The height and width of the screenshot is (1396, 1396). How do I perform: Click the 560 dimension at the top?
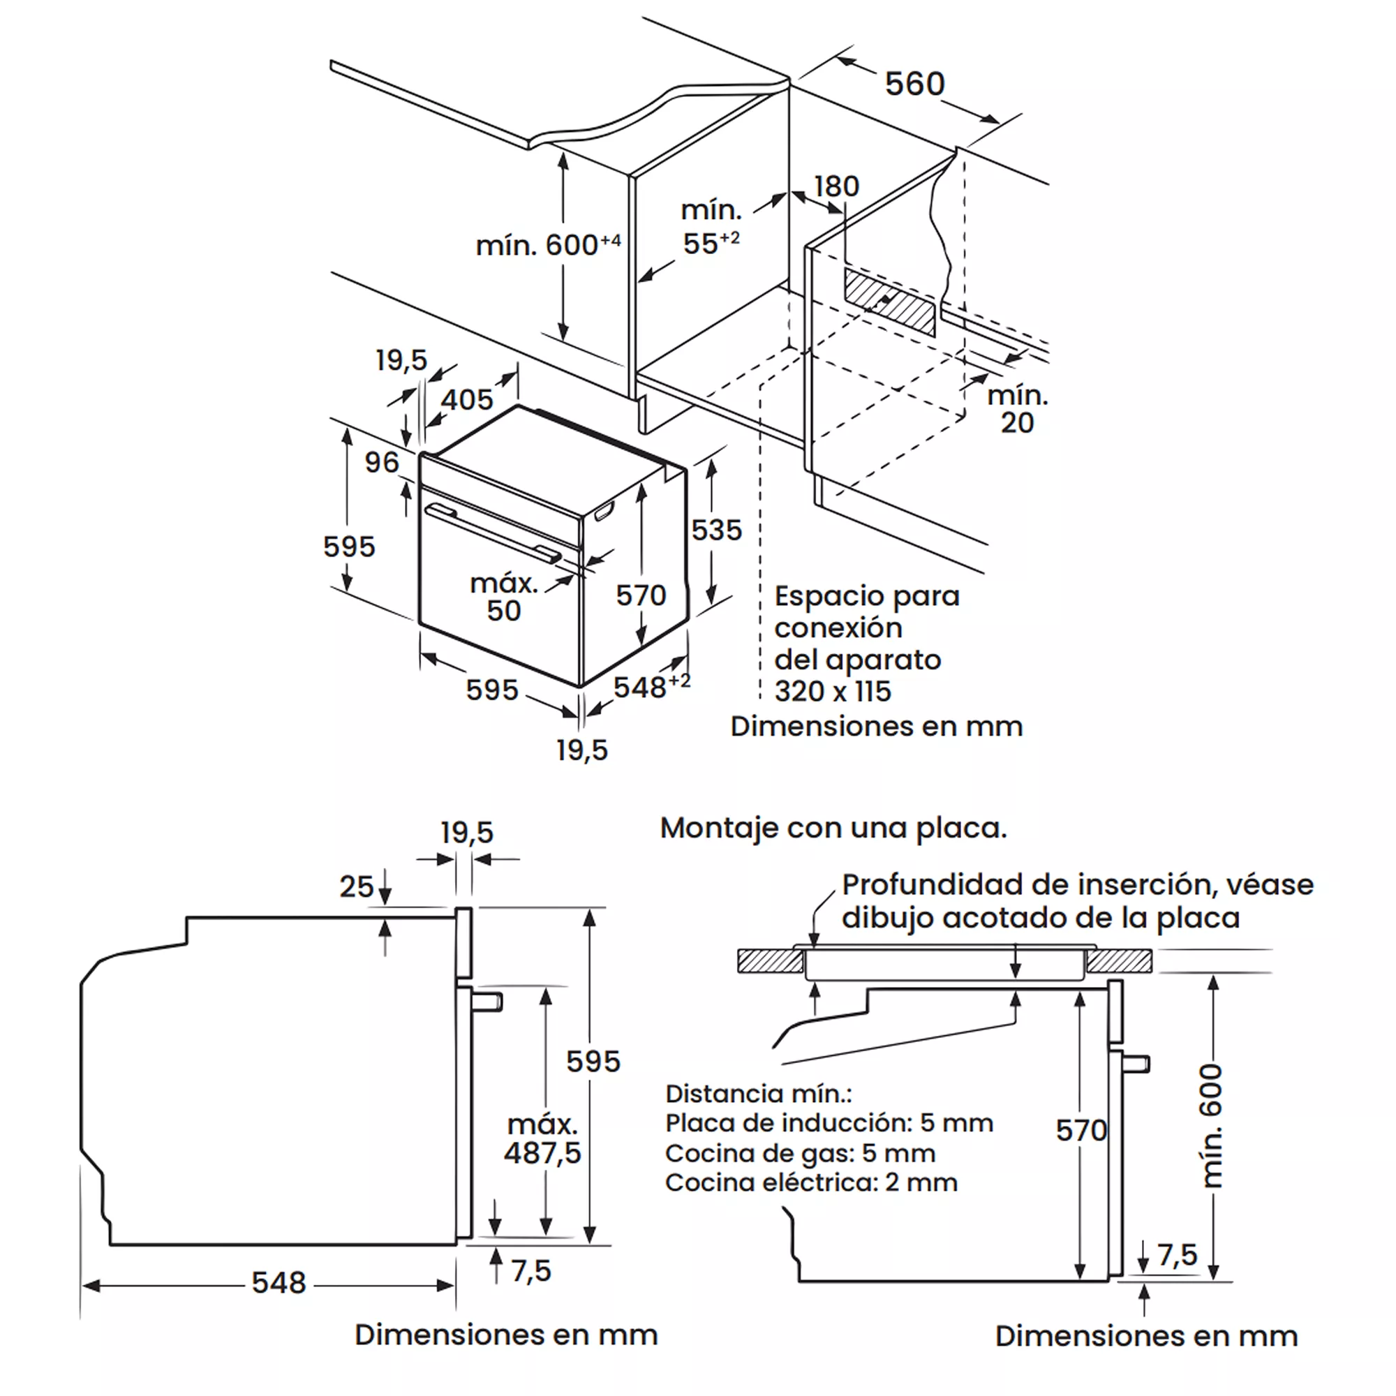pyautogui.click(x=914, y=84)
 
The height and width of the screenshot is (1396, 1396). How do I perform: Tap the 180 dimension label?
pyautogui.click(x=836, y=186)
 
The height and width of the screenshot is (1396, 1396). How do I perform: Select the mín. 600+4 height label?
pyautogui.click(x=548, y=245)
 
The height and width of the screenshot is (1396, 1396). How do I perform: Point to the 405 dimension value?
pyautogui.click(x=467, y=399)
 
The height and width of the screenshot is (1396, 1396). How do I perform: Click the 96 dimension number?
pyautogui.click(x=382, y=463)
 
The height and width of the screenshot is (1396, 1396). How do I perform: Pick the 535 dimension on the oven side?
pyautogui.click(x=716, y=530)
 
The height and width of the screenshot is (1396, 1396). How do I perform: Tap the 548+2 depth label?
pyautogui.click(x=651, y=686)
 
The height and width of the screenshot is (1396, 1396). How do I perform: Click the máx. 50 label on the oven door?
pyautogui.click(x=504, y=597)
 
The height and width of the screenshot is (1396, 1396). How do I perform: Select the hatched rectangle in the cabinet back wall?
pyautogui.click(x=889, y=302)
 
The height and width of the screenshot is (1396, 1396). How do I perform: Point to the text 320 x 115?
pyautogui.click(x=833, y=692)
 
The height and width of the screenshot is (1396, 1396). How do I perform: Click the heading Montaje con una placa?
pyautogui.click(x=833, y=828)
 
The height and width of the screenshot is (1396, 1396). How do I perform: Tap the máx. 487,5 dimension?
pyautogui.click(x=542, y=1140)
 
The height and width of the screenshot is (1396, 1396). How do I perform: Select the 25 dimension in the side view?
pyautogui.click(x=356, y=886)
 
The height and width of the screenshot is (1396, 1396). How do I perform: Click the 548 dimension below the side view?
pyautogui.click(x=279, y=1284)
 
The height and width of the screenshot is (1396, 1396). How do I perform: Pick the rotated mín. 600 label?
pyautogui.click(x=1212, y=1125)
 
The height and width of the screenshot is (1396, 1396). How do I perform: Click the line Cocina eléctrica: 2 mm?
pyautogui.click(x=810, y=1183)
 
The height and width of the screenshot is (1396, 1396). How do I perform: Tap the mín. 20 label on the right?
pyautogui.click(x=1018, y=409)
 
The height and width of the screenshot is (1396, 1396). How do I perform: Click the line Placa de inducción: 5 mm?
pyautogui.click(x=829, y=1123)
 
